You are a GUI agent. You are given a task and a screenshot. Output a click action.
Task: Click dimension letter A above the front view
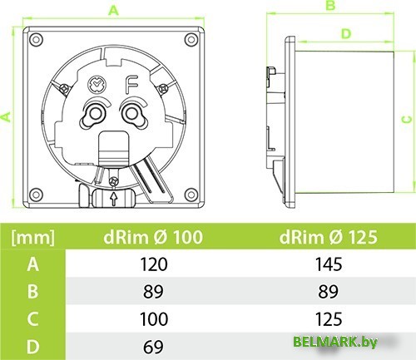point(114,9)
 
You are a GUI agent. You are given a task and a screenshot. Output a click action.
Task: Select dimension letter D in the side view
point(345,34)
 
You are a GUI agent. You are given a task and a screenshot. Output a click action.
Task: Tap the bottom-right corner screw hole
point(194,194)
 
